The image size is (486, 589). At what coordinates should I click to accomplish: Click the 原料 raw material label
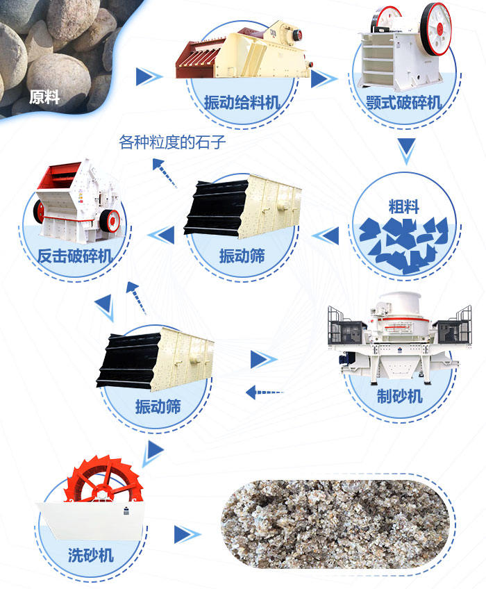point(44,97)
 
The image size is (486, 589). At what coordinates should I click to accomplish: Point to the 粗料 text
point(404,206)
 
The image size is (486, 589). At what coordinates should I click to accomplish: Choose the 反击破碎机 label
point(75,257)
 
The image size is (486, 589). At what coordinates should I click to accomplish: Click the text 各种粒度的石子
point(173,143)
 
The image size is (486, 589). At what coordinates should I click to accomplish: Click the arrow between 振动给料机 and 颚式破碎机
point(320,78)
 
